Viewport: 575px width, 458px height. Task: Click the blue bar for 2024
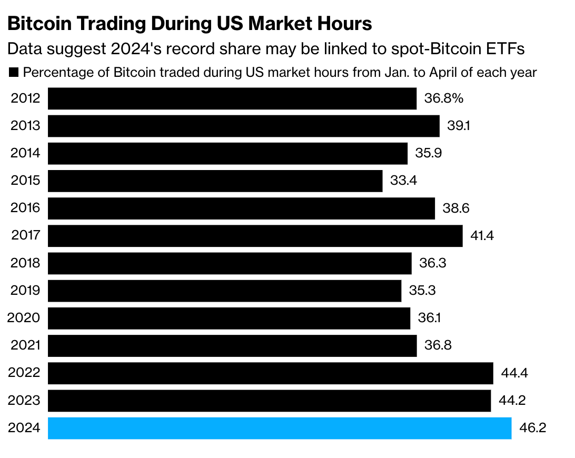(x=280, y=428)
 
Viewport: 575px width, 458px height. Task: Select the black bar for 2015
(x=215, y=181)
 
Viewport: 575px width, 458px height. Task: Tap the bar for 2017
(x=255, y=236)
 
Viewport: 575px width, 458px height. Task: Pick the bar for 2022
(x=270, y=373)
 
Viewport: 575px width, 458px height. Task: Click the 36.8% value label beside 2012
(x=443, y=98)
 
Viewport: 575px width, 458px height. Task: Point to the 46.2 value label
(x=532, y=428)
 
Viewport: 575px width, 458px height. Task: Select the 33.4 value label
(x=403, y=181)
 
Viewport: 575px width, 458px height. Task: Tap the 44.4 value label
(x=514, y=373)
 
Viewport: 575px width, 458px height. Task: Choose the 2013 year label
(x=25, y=126)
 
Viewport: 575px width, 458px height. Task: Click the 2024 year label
(x=24, y=428)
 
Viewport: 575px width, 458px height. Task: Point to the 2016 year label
(x=25, y=208)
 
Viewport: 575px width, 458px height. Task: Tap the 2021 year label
(x=25, y=346)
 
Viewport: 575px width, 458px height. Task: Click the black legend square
(x=14, y=73)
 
